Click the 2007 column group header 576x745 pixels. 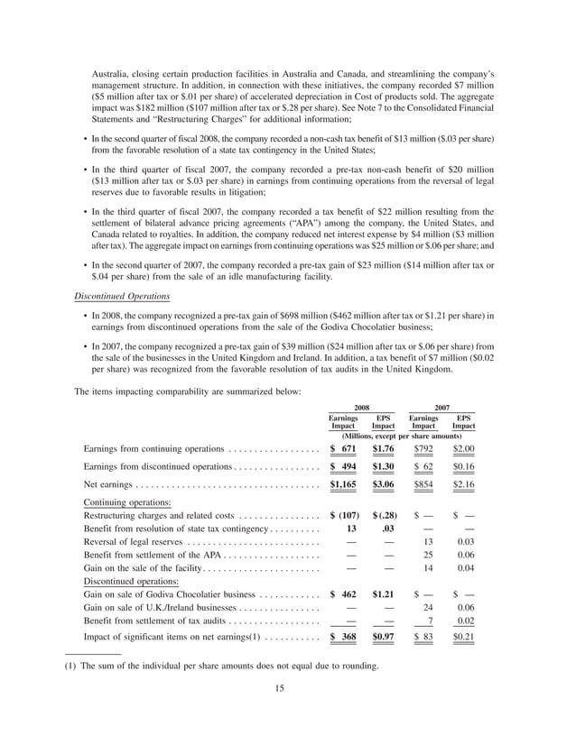pos(442,407)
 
